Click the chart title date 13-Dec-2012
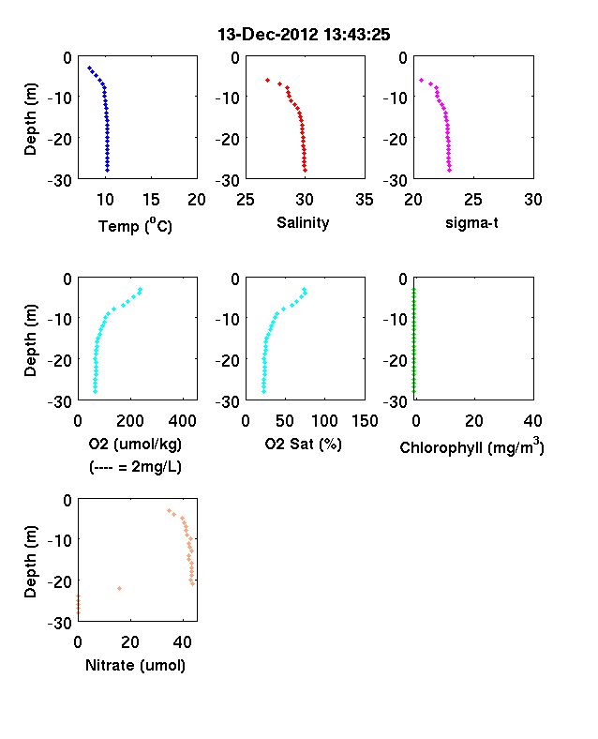[268, 35]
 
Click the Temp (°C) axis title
[135, 226]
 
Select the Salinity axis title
[303, 222]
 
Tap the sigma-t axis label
[471, 222]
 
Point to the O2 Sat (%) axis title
[304, 444]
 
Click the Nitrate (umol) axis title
[135, 666]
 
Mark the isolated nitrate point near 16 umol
[120, 588]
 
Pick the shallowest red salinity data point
[267, 80]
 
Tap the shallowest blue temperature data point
[89, 68]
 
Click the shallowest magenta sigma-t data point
[421, 80]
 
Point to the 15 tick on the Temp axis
[151, 200]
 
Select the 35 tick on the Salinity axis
[365, 200]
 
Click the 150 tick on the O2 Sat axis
[365, 421]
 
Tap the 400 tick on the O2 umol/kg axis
[182, 421]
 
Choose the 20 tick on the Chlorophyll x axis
[473, 421]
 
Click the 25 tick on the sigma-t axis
[472, 200]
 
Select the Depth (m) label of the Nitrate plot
[30, 562]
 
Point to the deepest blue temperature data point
[108, 170]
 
